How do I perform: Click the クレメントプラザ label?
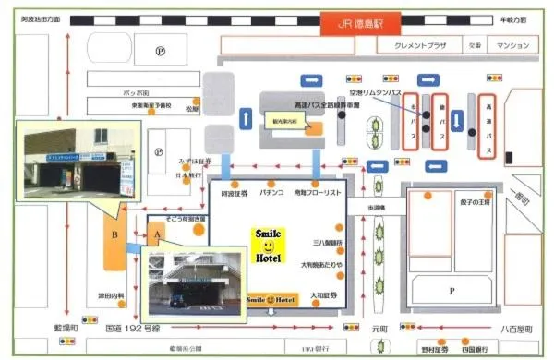(419, 44)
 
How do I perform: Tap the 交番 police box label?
(474, 44)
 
